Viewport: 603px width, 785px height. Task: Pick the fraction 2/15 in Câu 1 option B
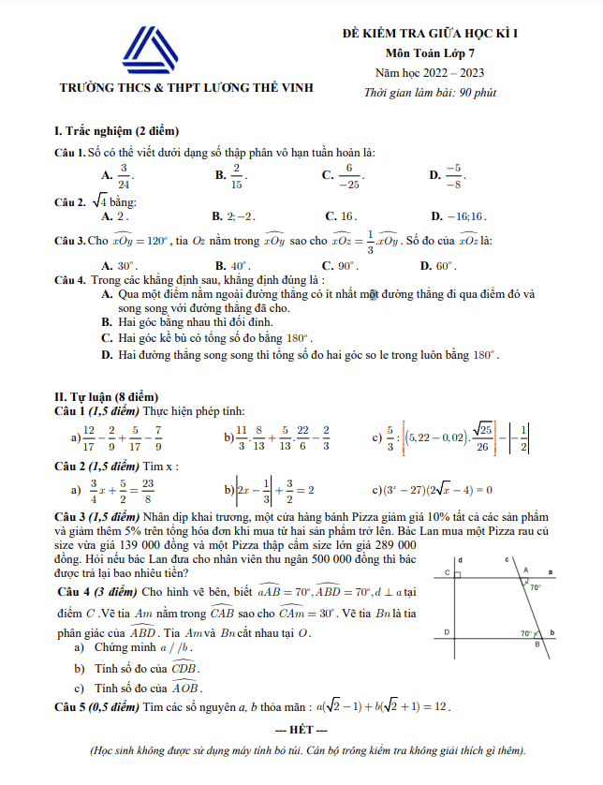237,174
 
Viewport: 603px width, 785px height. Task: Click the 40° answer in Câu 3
240,265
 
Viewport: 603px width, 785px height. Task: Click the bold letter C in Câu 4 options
106,338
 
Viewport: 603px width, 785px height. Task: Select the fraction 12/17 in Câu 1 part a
89,437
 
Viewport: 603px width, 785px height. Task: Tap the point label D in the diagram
448,632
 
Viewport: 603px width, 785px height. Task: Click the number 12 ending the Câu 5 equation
442,705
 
